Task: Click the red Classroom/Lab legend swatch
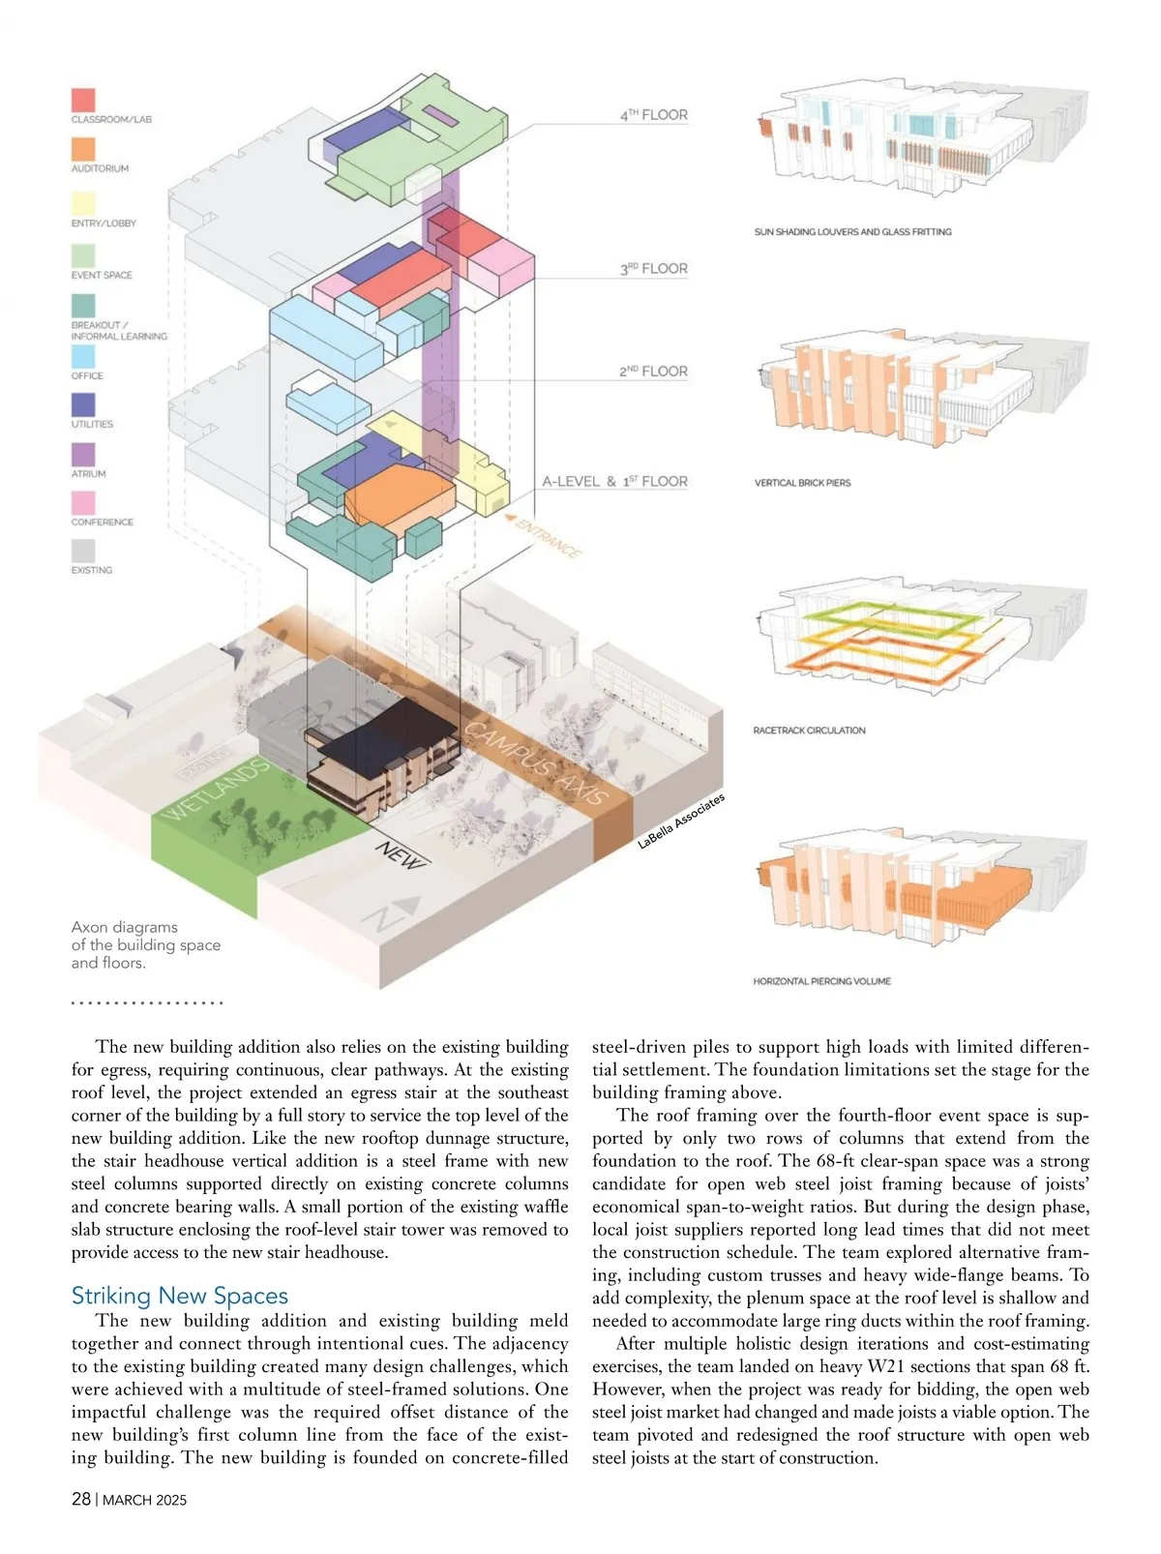point(83,100)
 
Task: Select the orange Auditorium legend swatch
point(83,149)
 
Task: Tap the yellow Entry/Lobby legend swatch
point(83,203)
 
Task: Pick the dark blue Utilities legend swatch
point(83,404)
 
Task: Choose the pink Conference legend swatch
point(83,503)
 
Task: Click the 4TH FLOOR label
point(654,114)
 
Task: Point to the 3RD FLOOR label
point(654,268)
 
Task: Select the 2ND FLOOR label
point(653,371)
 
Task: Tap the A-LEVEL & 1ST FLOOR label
point(614,481)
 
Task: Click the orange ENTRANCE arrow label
point(545,534)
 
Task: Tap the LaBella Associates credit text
point(681,822)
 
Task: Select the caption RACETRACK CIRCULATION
point(809,731)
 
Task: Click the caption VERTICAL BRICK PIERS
point(802,483)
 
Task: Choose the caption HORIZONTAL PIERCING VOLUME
point(821,981)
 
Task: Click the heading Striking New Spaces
point(180,1296)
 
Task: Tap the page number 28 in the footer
point(81,1499)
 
